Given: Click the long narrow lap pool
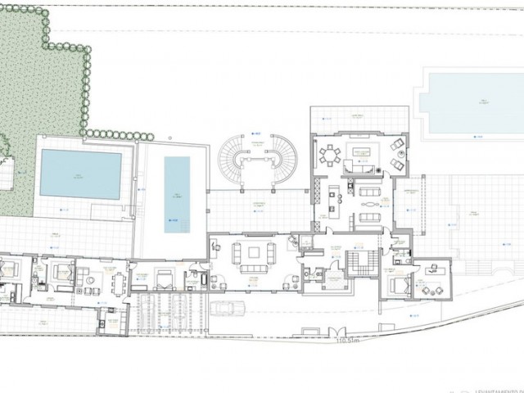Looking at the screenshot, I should click(176, 189).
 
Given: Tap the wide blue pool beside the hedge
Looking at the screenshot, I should click(80, 174).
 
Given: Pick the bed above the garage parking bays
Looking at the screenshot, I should click(163, 279).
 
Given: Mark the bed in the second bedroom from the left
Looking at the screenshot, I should click(61, 275).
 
